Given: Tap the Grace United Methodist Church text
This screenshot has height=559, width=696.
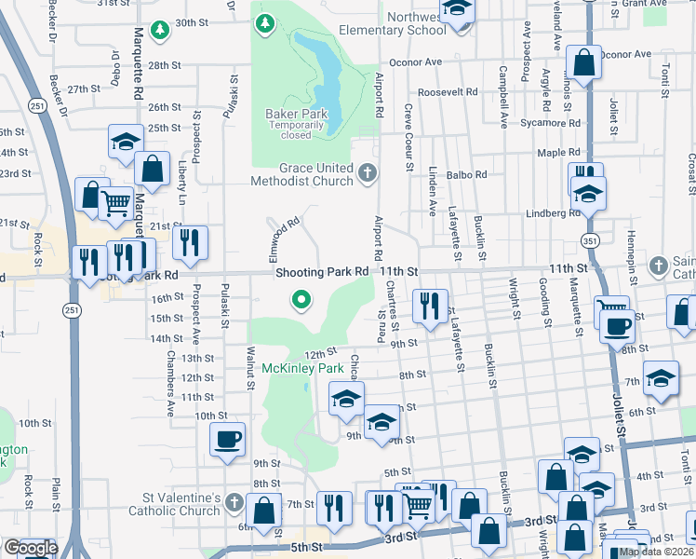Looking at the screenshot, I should click(302, 174).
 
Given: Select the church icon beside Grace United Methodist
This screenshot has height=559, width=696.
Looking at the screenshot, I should click(368, 172).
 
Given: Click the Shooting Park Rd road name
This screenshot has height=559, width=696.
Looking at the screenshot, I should click(323, 271).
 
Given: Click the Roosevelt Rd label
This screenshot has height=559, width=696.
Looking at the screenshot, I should click(448, 92).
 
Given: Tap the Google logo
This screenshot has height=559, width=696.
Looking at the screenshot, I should click(30, 548).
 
